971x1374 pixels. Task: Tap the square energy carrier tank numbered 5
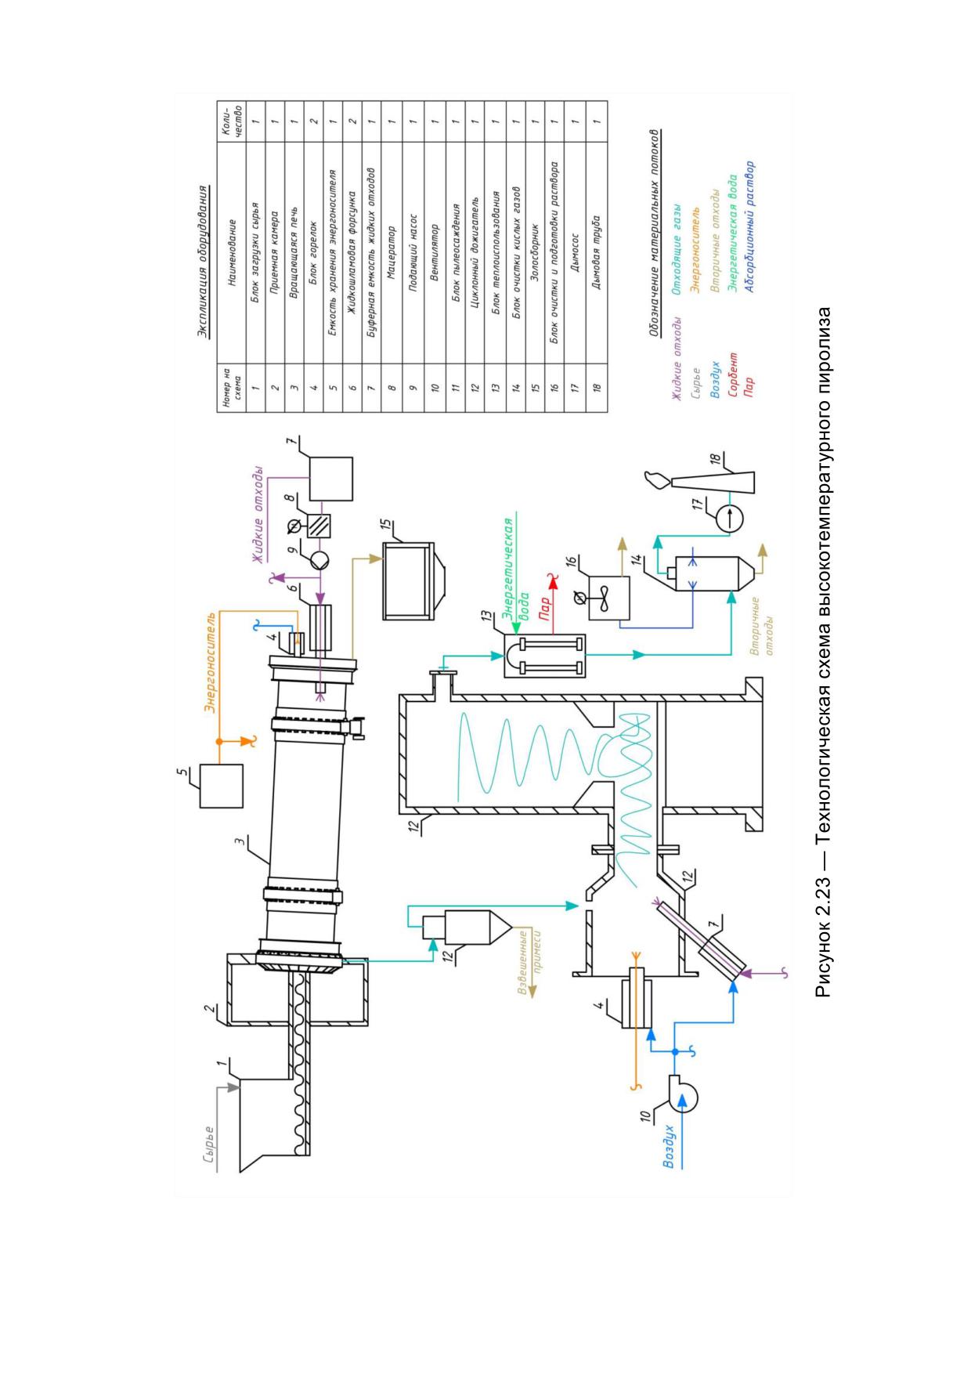(x=222, y=785)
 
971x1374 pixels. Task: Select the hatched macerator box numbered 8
(x=319, y=524)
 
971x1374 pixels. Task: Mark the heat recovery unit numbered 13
(x=544, y=655)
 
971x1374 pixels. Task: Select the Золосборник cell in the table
(x=535, y=248)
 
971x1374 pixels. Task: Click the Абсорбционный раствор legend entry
(x=750, y=227)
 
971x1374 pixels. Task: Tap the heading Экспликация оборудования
(x=203, y=261)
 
